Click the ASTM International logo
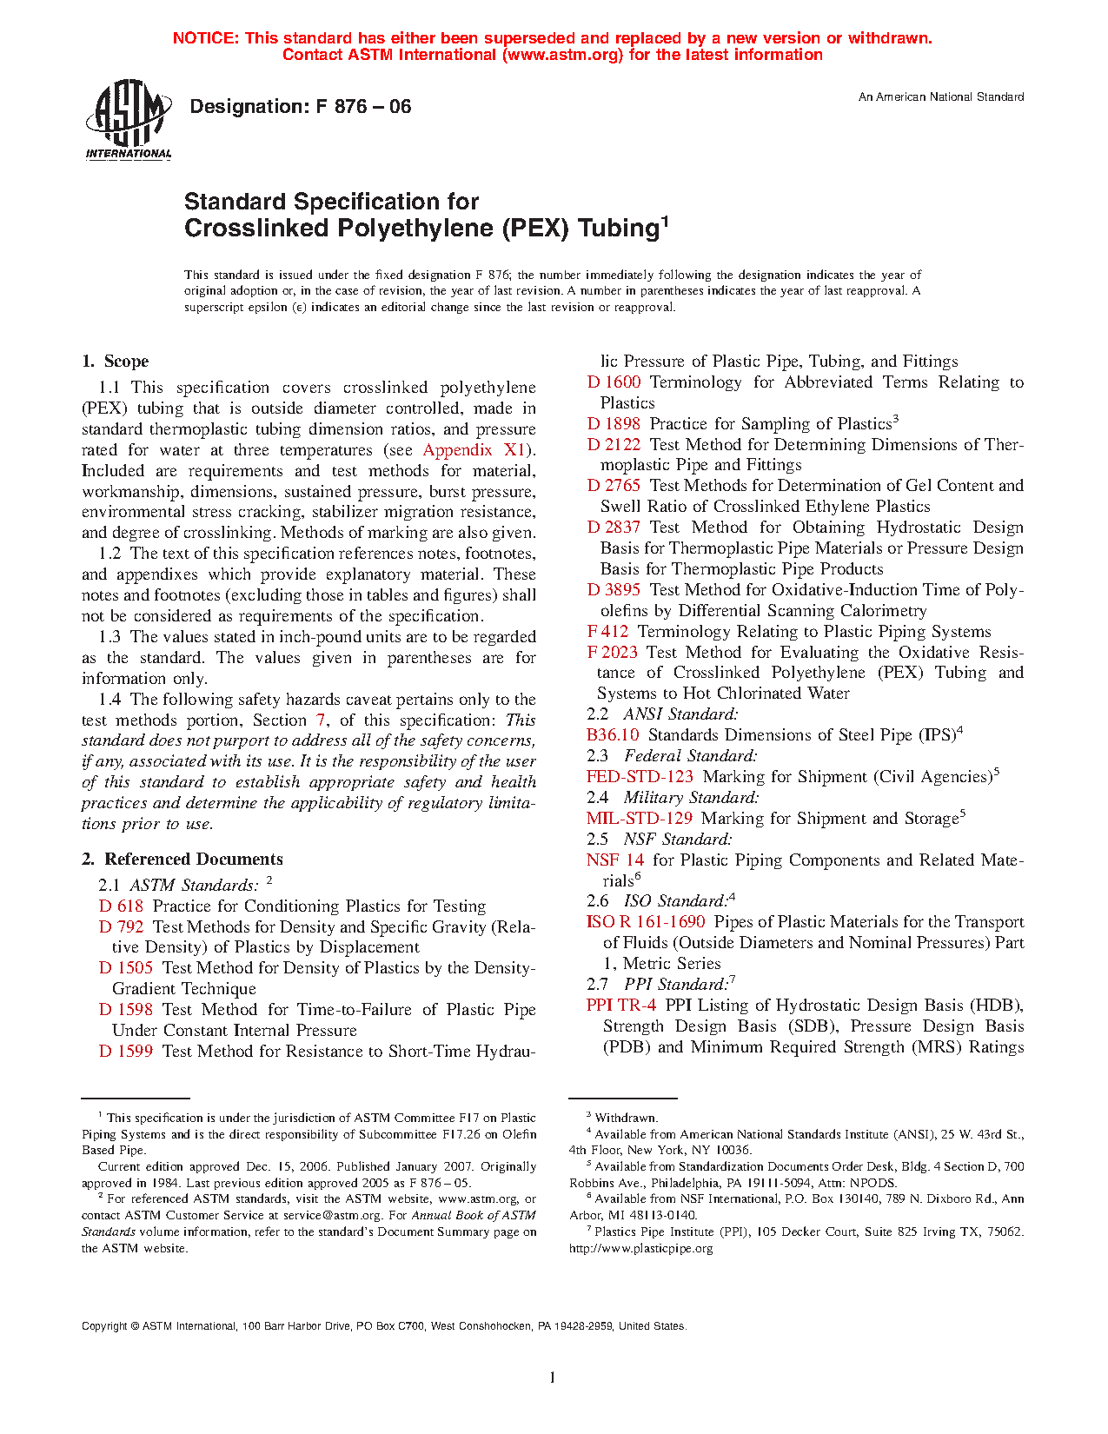(x=128, y=121)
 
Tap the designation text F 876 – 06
(x=300, y=107)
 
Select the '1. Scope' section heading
(x=115, y=362)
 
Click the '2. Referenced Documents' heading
(x=182, y=860)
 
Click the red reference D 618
(x=121, y=906)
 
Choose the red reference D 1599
(x=126, y=1052)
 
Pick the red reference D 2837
(x=614, y=528)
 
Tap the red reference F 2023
(x=612, y=653)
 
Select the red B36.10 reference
(x=613, y=735)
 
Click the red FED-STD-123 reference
(x=640, y=777)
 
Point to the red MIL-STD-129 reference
(x=639, y=819)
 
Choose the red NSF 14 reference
(x=615, y=860)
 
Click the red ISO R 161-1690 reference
(x=646, y=922)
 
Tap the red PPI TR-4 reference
(x=621, y=1006)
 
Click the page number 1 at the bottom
(x=553, y=1377)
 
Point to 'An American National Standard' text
(x=941, y=97)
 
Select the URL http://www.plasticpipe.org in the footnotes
(x=640, y=1249)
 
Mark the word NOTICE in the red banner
(x=205, y=38)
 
